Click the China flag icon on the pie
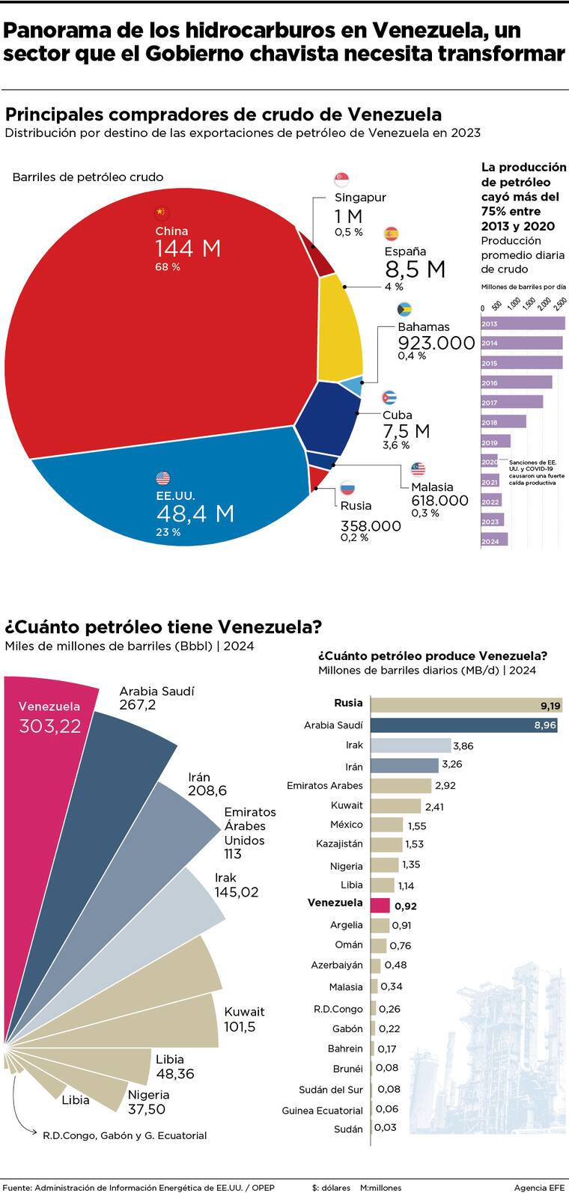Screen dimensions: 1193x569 click(x=161, y=213)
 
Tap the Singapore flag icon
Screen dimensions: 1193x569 click(x=341, y=180)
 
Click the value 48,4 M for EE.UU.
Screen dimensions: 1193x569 click(x=195, y=513)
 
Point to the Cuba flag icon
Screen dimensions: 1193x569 click(x=389, y=397)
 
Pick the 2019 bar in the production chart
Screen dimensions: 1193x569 click(x=496, y=442)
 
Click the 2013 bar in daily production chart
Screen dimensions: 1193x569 click(x=523, y=323)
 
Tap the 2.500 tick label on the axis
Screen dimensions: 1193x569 click(x=560, y=303)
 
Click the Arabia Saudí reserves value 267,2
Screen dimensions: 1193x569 click(x=138, y=705)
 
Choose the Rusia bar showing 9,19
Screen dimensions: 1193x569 click(x=466, y=705)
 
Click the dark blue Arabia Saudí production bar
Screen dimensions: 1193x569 click(x=464, y=725)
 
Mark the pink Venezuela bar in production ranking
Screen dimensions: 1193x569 click(x=380, y=906)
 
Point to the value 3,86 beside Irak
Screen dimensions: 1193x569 click(x=463, y=746)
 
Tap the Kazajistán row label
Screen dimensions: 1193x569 click(x=339, y=844)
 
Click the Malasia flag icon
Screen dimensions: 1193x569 click(x=418, y=469)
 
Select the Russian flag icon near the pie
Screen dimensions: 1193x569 click(x=347, y=489)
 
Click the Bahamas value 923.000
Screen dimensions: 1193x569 click(x=436, y=344)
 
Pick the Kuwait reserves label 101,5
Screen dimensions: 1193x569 click(x=240, y=1027)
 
